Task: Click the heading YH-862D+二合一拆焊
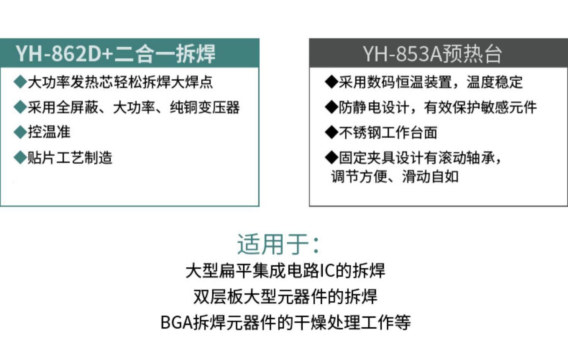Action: (115, 53)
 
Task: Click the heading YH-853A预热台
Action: (432, 54)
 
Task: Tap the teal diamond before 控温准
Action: (20, 132)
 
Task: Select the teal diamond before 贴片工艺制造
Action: (20, 158)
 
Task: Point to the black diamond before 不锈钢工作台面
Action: (331, 132)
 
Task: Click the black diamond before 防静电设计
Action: (331, 107)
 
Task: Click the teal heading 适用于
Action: (273, 244)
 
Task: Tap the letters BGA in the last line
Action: (177, 322)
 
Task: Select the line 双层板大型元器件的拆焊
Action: (285, 296)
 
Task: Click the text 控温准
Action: (49, 132)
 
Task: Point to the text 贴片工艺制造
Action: (70, 158)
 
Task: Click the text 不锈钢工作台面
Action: (388, 132)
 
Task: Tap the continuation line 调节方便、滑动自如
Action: (395, 177)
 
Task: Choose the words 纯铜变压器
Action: (204, 107)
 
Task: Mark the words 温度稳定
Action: (495, 82)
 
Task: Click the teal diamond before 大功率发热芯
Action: (20, 82)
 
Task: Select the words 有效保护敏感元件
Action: (480, 107)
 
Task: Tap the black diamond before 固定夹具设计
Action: (331, 158)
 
